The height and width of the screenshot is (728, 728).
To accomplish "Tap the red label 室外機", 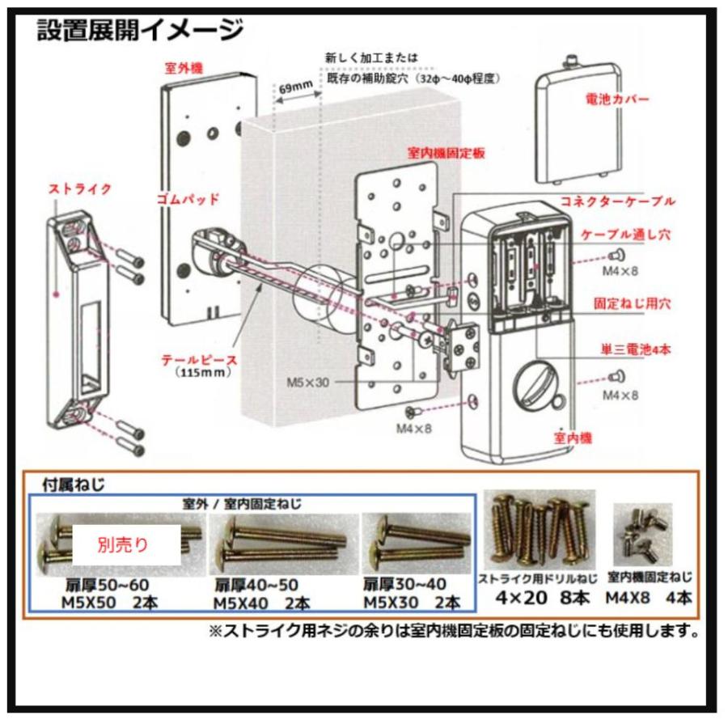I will tap(183, 70).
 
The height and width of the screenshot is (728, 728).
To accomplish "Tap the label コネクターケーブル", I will tap(617, 201).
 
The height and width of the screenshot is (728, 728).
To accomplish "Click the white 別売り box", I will tap(126, 544).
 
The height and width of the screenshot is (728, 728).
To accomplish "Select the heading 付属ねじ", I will tap(74, 485).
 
